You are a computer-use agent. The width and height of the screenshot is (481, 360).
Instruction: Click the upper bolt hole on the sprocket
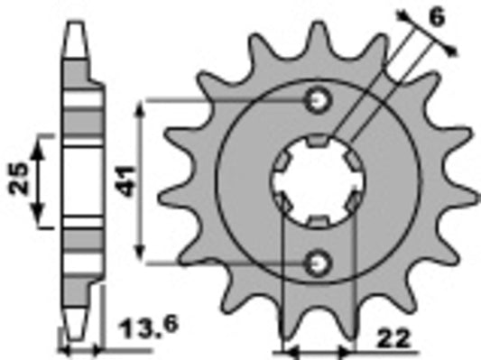(x=317, y=100)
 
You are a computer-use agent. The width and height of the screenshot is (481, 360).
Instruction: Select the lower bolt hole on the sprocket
(x=317, y=262)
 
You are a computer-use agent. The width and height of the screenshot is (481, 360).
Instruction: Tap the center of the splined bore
(x=316, y=180)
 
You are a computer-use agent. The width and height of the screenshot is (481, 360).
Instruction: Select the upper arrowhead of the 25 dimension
(x=39, y=142)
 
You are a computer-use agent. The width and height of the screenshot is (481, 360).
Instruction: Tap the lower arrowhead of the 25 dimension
(x=39, y=218)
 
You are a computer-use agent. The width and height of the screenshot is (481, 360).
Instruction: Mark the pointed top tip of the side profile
(x=80, y=20)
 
